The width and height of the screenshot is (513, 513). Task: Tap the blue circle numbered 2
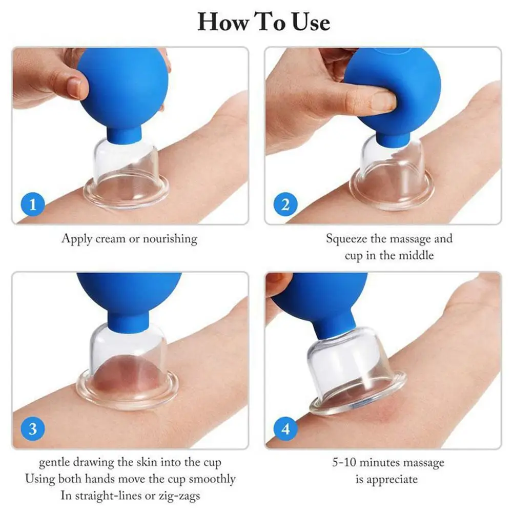(285, 205)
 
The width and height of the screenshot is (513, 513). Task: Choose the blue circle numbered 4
(285, 428)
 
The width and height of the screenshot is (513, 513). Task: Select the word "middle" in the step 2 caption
(416, 255)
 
